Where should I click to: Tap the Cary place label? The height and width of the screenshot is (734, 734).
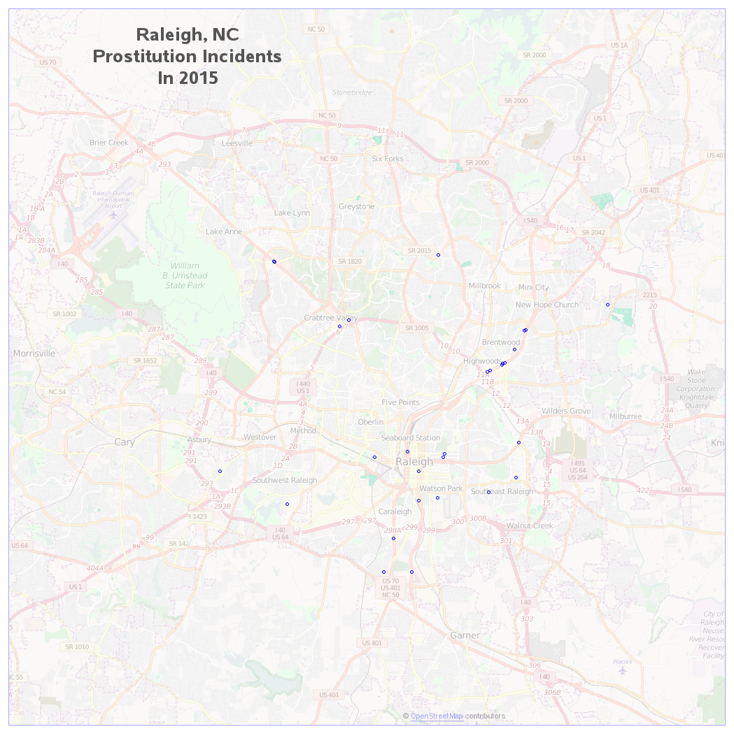click(x=125, y=442)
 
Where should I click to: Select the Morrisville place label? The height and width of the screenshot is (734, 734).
click(x=34, y=353)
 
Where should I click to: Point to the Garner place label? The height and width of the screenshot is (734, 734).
click(x=465, y=635)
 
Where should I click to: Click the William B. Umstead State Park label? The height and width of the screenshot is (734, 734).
click(x=185, y=276)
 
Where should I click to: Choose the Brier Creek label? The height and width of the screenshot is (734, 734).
click(x=109, y=143)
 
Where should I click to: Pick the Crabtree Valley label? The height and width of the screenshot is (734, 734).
click(x=330, y=318)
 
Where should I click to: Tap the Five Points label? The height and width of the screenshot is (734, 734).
click(x=400, y=402)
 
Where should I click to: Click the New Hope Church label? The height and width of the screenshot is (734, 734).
click(x=546, y=304)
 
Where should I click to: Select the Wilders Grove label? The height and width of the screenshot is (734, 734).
click(x=565, y=411)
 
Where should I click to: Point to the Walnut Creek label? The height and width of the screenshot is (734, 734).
click(x=530, y=525)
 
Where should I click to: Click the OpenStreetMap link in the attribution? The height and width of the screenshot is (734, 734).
click(x=437, y=716)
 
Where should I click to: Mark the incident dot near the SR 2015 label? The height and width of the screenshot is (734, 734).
click(x=438, y=255)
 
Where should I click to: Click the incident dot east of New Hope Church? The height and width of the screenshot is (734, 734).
click(x=607, y=304)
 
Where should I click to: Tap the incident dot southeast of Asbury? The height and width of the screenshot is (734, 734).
click(x=220, y=471)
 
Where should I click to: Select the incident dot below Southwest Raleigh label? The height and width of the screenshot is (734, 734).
click(x=287, y=504)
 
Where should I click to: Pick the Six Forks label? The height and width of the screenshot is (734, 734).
click(x=388, y=159)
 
